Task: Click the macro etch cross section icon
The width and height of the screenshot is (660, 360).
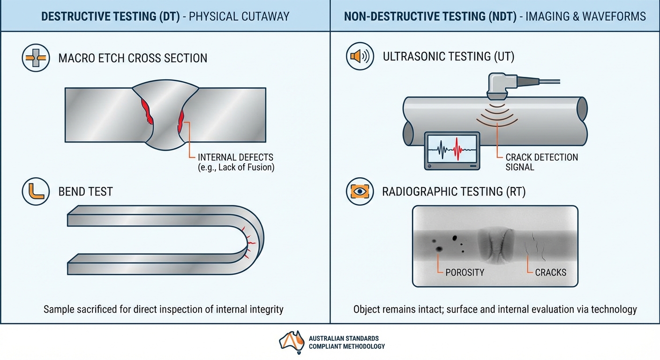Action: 36,58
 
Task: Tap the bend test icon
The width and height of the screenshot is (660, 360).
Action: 36,191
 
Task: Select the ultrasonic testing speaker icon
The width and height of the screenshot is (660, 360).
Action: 360,57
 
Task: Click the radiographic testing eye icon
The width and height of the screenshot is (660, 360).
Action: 360,191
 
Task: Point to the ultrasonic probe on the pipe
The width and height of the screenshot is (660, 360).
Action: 501,86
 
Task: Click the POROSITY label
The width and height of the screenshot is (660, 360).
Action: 465,272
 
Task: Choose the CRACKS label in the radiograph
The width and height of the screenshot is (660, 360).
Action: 550,272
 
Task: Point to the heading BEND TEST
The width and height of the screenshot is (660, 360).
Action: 85,191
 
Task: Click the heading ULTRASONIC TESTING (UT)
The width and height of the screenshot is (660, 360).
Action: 449,57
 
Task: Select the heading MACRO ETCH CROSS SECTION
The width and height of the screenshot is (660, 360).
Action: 133,58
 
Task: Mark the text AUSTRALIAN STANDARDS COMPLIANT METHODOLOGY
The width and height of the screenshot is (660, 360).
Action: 346,342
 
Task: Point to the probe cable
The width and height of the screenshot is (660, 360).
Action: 540,82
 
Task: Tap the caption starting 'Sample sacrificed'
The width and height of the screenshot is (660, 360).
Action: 163,309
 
